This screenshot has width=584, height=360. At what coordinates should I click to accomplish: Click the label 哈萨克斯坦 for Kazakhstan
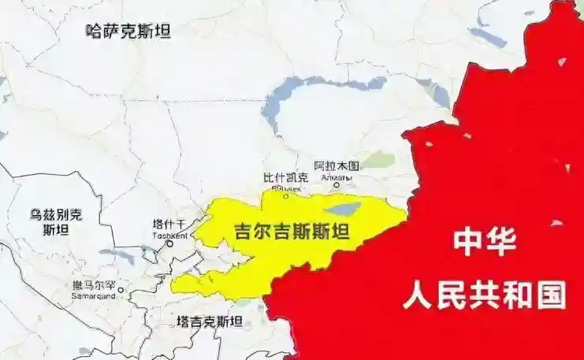128,32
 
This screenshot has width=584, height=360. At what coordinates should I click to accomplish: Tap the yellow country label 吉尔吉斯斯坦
292,232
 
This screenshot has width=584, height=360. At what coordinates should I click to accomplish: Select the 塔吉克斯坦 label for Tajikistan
210,321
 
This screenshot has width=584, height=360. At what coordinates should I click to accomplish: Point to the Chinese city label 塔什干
169,225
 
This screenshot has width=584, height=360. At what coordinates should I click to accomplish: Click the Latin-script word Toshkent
169,235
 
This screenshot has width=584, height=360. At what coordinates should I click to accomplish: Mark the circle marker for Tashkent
169,244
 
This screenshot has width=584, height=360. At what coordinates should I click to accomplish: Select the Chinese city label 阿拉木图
337,166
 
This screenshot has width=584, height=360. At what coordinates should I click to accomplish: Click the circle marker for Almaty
337,186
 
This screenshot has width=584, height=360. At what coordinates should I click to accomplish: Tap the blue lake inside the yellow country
341,210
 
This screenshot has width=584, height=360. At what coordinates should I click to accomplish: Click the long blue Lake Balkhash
315,91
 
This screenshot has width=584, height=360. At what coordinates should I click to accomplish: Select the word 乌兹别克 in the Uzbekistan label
56,213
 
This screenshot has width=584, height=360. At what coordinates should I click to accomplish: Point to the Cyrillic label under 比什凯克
281,189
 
